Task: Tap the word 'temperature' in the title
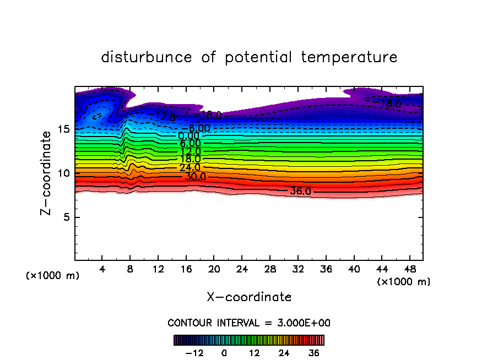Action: click(x=349, y=57)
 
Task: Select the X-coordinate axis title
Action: click(x=249, y=297)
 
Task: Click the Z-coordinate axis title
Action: click(x=48, y=173)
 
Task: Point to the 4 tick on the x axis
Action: click(x=102, y=269)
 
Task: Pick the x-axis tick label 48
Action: click(x=409, y=269)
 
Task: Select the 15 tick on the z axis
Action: click(x=63, y=129)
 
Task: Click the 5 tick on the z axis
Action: click(x=66, y=217)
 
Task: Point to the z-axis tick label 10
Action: click(x=63, y=173)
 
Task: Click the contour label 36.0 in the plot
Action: click(x=301, y=192)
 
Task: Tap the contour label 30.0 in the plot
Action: click(x=195, y=177)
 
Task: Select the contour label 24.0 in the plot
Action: click(x=190, y=167)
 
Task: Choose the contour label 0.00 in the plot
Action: click(x=188, y=136)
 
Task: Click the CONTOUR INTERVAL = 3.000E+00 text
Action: click(x=249, y=323)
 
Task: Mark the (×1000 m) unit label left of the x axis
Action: click(x=53, y=276)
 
